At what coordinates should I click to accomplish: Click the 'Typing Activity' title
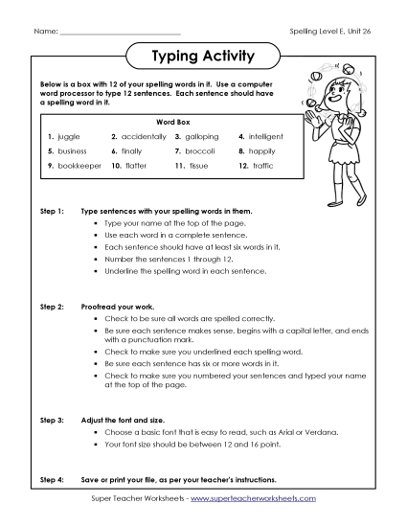click(x=203, y=57)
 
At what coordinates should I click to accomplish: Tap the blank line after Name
click(x=119, y=33)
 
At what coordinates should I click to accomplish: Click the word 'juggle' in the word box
click(x=70, y=137)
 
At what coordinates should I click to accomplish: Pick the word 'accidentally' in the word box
click(x=145, y=137)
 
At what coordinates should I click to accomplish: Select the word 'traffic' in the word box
click(x=264, y=166)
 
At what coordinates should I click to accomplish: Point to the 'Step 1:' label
click(x=51, y=209)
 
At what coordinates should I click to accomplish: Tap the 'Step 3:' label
click(x=51, y=420)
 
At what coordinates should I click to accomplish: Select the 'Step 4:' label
click(x=51, y=478)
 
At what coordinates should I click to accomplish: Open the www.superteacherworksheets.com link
click(x=255, y=499)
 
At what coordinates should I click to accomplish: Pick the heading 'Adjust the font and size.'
click(x=130, y=420)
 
